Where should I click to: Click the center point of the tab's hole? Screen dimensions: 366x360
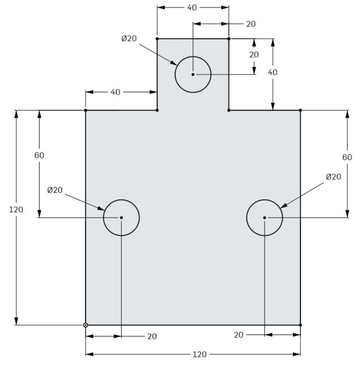coord(193,74)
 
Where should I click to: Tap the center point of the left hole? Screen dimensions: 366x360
coord(121,217)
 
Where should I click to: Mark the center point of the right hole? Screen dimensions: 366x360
coord(264,217)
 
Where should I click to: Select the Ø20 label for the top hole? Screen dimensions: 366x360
coord(129,38)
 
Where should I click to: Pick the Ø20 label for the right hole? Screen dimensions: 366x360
coord(333,177)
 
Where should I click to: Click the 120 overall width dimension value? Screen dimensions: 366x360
coord(199,354)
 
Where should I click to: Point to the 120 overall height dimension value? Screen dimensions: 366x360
coord(16,209)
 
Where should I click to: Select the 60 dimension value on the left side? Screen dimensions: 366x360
coord(39,156)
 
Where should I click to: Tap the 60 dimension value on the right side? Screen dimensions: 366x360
coord(347,157)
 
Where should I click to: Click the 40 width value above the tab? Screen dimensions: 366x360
coord(192,7)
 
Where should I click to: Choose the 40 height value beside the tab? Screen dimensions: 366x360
coord(272,72)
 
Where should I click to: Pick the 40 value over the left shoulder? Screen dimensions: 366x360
coord(115,92)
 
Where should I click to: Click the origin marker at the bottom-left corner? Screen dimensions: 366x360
coord(85,325)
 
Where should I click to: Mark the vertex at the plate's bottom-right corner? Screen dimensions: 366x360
coord(300,325)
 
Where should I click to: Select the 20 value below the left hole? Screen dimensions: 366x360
coord(152,336)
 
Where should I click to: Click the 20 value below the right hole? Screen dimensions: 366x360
coord(239,335)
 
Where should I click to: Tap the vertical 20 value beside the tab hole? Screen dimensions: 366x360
coord(254,55)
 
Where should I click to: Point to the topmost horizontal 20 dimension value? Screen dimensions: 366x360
coord(251,24)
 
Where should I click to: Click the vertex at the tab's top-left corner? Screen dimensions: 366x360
coord(157,38)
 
